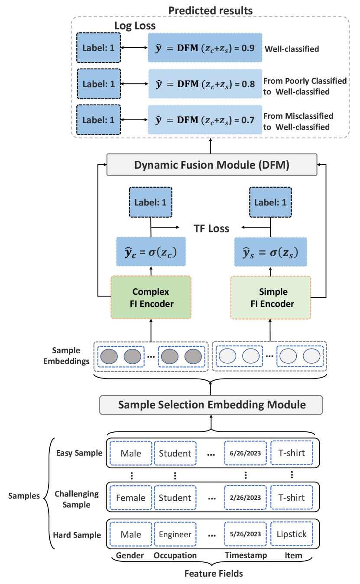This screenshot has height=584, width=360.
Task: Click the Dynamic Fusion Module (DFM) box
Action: point(212,165)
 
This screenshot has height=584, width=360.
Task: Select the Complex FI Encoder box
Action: point(151,298)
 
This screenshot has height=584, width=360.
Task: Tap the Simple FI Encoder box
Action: point(270,298)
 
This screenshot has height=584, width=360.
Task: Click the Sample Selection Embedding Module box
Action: point(212,405)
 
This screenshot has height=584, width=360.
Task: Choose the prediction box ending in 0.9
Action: point(205,48)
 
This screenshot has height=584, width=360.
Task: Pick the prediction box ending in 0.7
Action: point(205,119)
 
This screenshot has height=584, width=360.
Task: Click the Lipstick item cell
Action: point(292,534)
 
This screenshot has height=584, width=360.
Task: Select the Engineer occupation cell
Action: point(175,534)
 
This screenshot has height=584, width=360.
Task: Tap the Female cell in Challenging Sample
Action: point(131,498)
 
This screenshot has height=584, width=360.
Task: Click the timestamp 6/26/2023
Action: point(245,453)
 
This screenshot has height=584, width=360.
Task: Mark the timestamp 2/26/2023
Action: point(245,498)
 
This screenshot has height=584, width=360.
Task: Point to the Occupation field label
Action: point(175,555)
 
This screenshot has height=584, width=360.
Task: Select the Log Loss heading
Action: point(135,26)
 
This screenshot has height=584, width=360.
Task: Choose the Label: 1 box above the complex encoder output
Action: point(150,202)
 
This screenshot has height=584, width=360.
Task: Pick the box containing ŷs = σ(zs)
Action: point(270,251)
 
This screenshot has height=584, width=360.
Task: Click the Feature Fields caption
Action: point(214,574)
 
